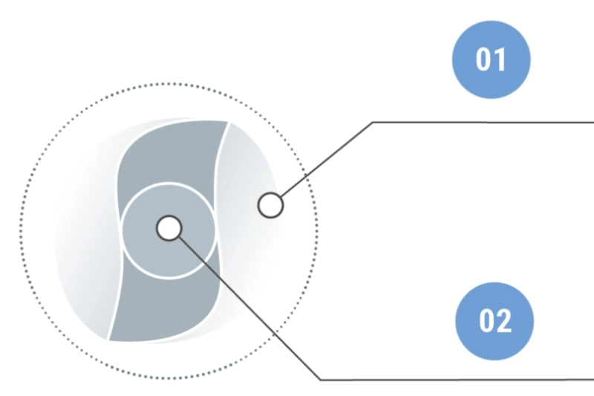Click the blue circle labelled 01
tap(492, 59)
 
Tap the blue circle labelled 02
tap(495, 321)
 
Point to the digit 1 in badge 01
tap(501, 59)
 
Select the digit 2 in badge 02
tap(505, 321)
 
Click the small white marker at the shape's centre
tap(169, 228)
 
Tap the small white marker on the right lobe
tap(270, 204)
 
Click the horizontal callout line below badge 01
tap(483, 121)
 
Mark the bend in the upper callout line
tap(372, 121)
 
